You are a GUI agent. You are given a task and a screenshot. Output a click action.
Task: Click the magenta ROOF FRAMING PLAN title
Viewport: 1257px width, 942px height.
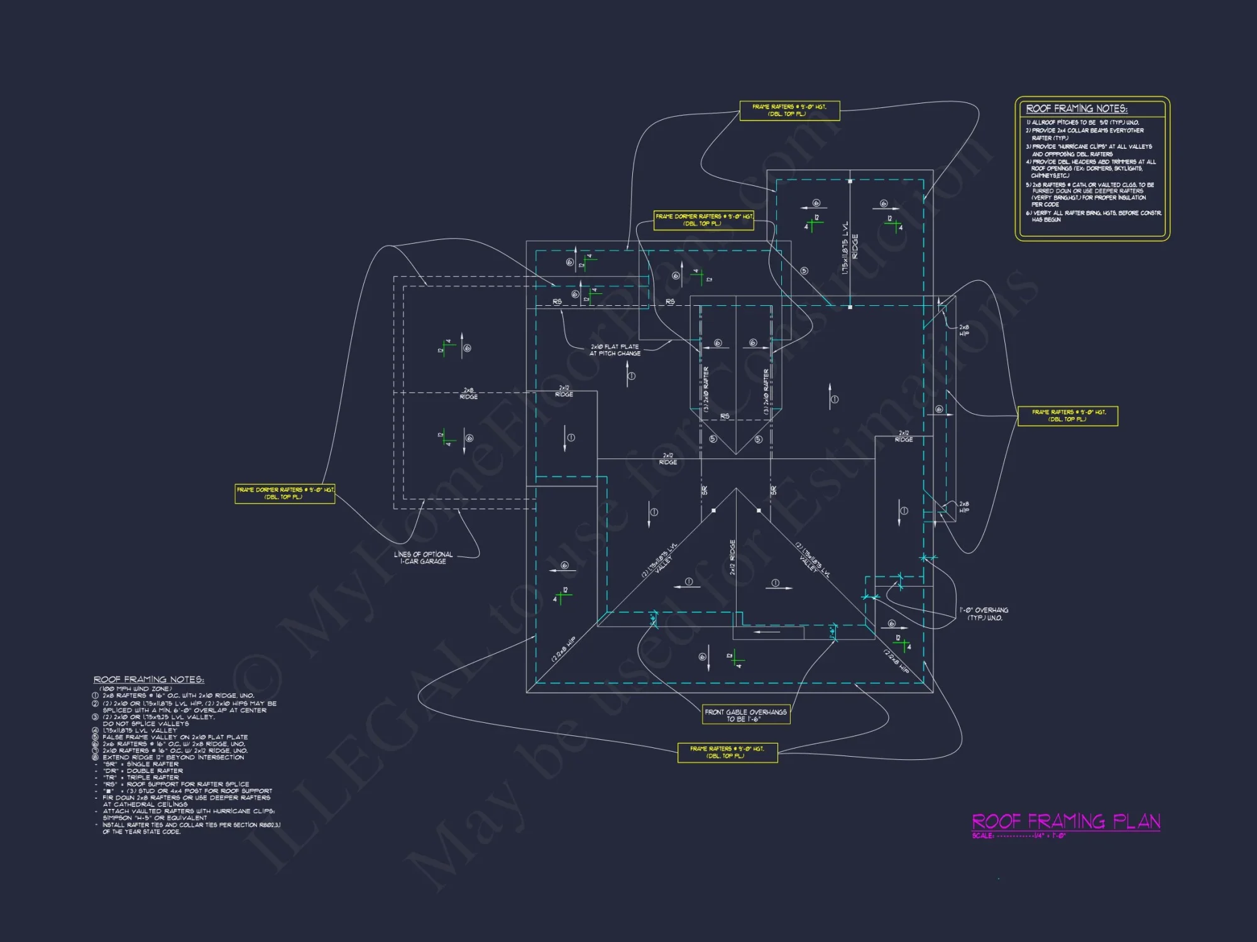(1066, 821)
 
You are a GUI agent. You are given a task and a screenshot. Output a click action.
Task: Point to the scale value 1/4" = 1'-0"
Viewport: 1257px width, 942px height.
(1050, 836)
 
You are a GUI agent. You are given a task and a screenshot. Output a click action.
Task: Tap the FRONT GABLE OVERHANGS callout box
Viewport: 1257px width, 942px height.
(746, 715)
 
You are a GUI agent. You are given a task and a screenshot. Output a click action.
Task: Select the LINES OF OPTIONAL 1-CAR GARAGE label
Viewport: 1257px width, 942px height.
(423, 558)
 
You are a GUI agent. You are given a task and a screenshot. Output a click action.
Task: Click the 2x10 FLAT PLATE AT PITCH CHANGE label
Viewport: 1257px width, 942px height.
(615, 350)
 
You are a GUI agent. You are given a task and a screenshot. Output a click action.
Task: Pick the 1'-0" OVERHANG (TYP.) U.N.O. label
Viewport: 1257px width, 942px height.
(984, 614)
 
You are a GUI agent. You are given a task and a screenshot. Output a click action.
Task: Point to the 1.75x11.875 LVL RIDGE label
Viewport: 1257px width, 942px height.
(850, 247)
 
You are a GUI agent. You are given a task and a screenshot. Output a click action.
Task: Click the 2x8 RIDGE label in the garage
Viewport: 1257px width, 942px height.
(469, 394)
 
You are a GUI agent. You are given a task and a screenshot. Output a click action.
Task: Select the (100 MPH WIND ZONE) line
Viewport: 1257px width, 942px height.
(135, 689)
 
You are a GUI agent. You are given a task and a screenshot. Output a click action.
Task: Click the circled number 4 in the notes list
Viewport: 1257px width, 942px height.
(96, 730)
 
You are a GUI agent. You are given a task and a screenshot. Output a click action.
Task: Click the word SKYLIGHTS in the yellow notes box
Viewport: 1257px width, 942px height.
(1129, 169)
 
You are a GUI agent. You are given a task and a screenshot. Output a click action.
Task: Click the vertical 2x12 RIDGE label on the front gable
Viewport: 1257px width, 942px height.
(732, 557)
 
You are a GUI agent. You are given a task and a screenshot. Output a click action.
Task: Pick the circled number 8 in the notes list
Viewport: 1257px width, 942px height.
(96, 757)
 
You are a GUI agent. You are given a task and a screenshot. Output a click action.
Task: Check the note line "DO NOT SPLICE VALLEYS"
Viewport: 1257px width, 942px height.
(146, 723)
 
